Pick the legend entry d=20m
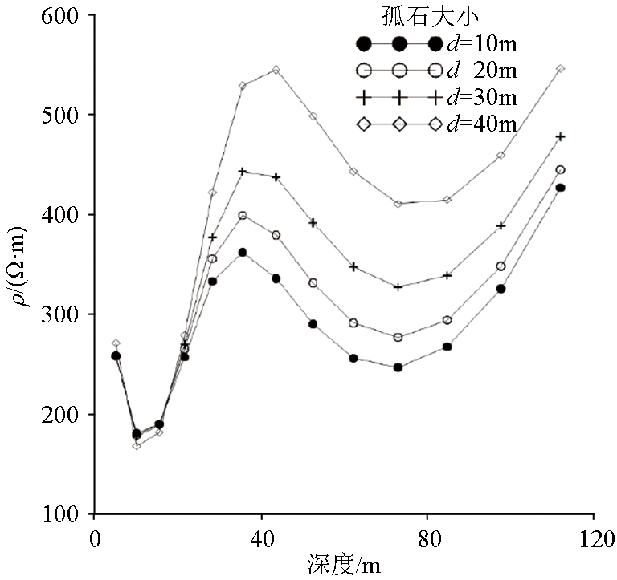[x=480, y=71]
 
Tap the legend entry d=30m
[x=480, y=97]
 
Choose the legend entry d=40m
[x=480, y=124]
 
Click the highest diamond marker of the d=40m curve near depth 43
[x=276, y=70]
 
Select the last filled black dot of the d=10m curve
[x=561, y=188]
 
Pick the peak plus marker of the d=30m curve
[x=242, y=172]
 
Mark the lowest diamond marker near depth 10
[x=137, y=445]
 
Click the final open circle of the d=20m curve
[x=561, y=170]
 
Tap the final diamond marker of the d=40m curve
[x=561, y=69]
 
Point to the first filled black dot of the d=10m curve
[x=116, y=355]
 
